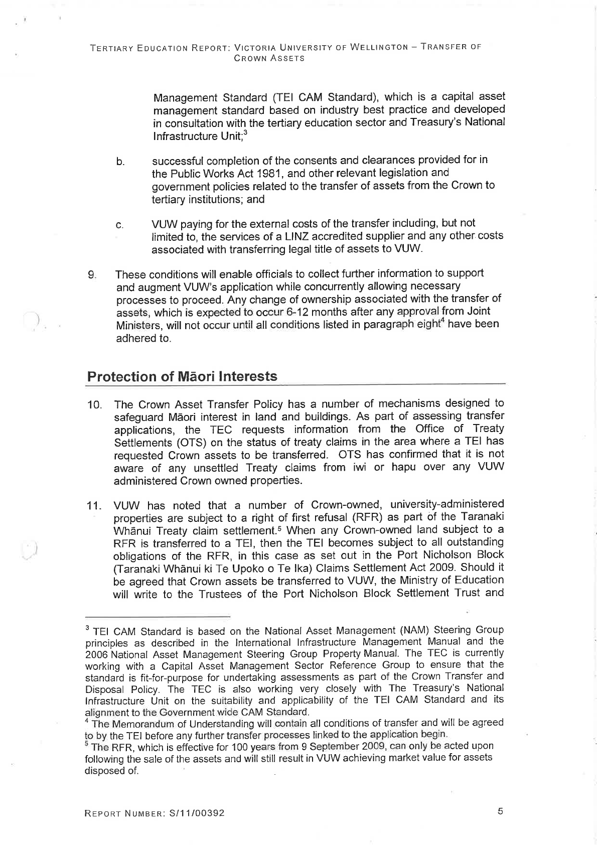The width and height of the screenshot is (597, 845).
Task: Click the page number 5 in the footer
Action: click(x=500, y=811)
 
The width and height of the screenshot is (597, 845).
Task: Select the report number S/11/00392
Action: click(x=196, y=813)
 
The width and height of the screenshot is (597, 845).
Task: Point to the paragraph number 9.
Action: click(x=91, y=275)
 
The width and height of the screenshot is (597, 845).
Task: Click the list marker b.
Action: click(x=120, y=162)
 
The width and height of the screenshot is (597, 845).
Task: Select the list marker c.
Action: click(x=119, y=225)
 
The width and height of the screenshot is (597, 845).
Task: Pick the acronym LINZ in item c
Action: click(x=315, y=236)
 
